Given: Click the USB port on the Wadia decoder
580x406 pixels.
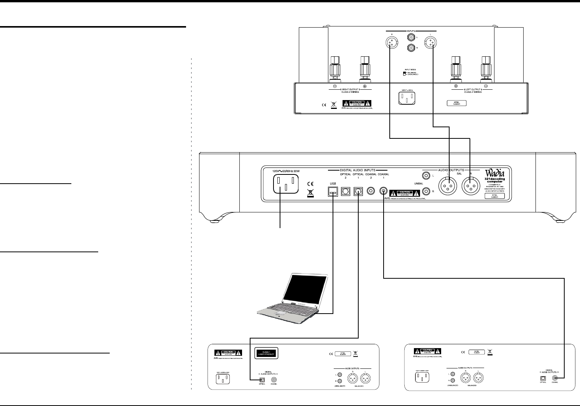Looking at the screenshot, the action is pos(333,191).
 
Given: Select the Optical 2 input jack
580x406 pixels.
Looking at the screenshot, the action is pos(345,191).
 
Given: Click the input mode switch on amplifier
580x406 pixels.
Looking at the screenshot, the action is pos(404,73).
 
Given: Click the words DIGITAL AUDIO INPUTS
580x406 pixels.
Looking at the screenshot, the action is pos(358,170).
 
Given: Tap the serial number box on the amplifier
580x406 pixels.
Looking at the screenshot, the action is pos(456,103).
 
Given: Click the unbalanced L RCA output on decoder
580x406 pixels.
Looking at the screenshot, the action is pos(425,176).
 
